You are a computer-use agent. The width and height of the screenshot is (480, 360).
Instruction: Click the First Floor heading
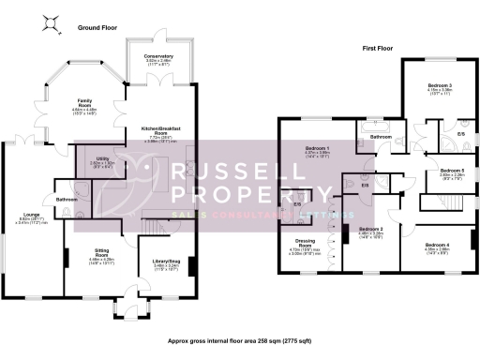381,47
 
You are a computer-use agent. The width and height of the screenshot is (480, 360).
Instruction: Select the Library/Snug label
167,262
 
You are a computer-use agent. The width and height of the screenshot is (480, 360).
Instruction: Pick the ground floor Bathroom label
66,200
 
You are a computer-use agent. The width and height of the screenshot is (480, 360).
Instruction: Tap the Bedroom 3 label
440,87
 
